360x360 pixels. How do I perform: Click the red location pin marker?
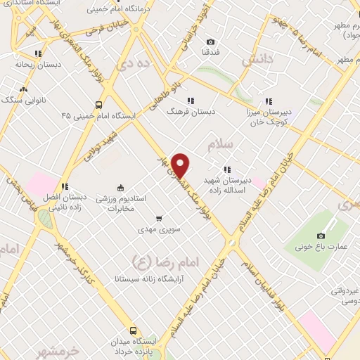pyautogui.click(x=181, y=165)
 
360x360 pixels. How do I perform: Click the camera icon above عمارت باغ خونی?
pyautogui.click(x=321, y=236)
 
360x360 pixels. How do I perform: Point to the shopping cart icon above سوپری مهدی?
pyautogui.click(x=159, y=218)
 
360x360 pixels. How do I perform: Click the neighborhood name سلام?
pyautogui.click(x=220, y=145)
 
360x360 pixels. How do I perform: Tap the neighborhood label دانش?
pyautogui.click(x=256, y=62)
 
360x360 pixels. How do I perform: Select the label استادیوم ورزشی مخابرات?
pyautogui.click(x=126, y=204)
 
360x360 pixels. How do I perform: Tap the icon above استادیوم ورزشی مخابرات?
pyautogui.click(x=120, y=187)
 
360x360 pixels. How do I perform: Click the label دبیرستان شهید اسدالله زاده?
pyautogui.click(x=227, y=184)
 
